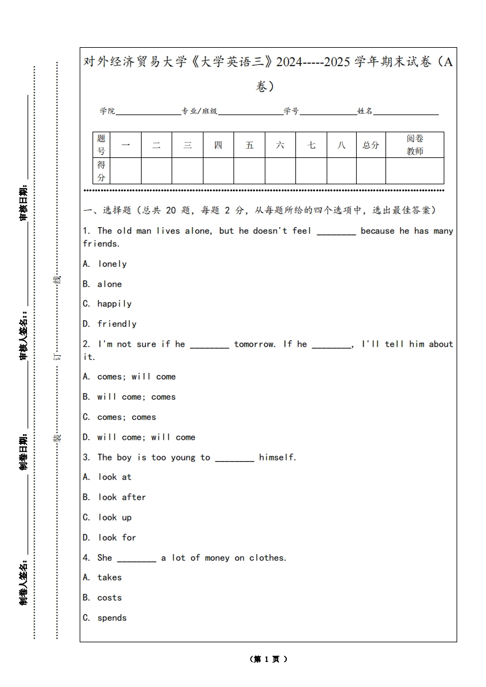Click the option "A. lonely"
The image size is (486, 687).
click(105, 264)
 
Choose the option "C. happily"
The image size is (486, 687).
click(107, 304)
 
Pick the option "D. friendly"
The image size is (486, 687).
click(110, 324)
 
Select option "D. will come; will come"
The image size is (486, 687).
click(139, 437)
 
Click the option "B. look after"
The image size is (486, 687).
click(115, 497)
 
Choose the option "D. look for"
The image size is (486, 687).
click(110, 538)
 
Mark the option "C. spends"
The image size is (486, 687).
click(105, 618)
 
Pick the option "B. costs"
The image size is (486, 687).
click(102, 598)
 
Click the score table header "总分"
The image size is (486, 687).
click(371, 145)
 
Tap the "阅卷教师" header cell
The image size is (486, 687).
click(415, 145)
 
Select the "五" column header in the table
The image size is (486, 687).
click(249, 145)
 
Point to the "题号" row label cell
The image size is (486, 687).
click(101, 145)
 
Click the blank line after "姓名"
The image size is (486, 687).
click(406, 111)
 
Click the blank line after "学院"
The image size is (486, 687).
click(148, 111)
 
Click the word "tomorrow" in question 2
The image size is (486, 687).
click(254, 344)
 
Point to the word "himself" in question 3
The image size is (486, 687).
click(277, 457)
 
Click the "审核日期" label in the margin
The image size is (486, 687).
click(23, 203)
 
